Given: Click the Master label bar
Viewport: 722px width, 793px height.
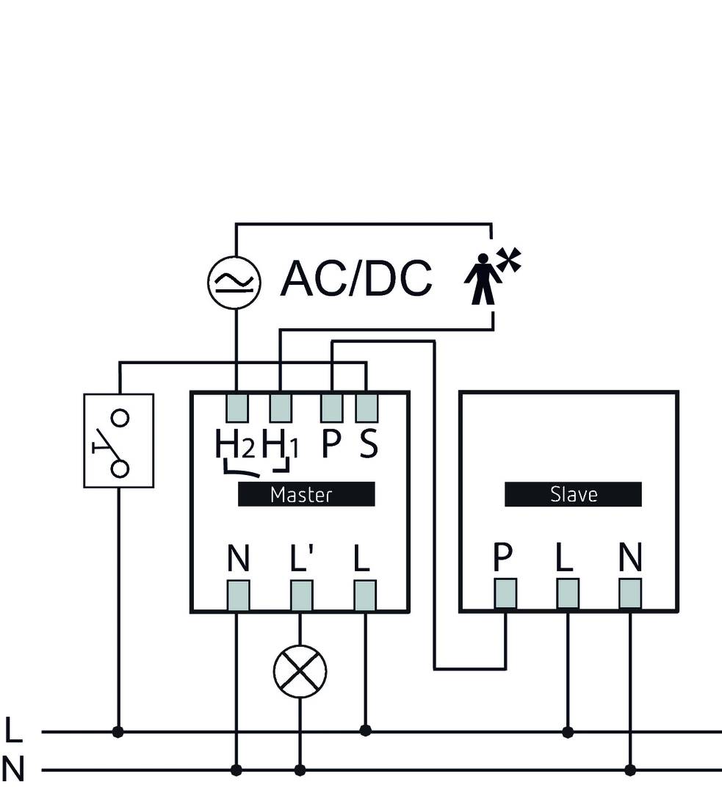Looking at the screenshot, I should click(x=306, y=494).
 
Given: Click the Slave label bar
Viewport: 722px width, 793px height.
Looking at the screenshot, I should click(x=573, y=494).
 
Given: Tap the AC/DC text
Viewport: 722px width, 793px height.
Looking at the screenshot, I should click(x=356, y=278).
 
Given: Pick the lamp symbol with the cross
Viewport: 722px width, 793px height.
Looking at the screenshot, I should click(x=300, y=671).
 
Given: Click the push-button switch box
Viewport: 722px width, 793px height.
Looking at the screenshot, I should click(x=119, y=441).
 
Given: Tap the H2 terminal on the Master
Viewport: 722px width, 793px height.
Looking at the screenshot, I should click(x=237, y=407).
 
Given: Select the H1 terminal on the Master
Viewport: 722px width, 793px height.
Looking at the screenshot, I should click(x=280, y=407).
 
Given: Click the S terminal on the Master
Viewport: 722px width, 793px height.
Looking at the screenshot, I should click(x=367, y=407).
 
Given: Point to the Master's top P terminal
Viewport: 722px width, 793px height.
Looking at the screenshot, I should click(x=331, y=407).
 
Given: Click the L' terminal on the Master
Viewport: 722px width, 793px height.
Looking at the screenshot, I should click(x=301, y=595).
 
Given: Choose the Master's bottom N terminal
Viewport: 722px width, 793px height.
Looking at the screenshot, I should click(x=237, y=595).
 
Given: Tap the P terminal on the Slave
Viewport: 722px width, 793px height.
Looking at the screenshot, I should click(x=505, y=593).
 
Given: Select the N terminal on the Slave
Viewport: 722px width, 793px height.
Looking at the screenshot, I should click(x=630, y=593).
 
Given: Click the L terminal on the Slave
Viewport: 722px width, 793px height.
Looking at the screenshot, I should click(x=568, y=593).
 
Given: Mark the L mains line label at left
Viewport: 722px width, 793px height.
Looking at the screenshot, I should click(x=13, y=731).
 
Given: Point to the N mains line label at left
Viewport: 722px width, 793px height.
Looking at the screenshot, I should click(x=13, y=770).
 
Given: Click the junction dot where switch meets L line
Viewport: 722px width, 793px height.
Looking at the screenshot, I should click(x=118, y=731).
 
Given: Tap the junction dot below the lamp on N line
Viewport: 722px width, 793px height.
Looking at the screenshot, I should click(x=300, y=770).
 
